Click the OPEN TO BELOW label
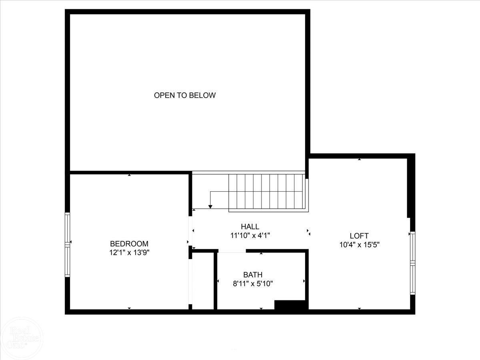185,95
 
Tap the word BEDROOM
129,244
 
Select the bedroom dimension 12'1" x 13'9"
129,253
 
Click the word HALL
250,226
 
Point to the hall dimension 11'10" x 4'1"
250,236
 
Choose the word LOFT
359,236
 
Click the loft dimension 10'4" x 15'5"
359,245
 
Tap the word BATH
253,274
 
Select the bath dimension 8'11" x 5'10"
253,284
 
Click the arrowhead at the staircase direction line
210,207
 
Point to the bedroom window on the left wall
67,244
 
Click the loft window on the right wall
412,263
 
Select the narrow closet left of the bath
203,281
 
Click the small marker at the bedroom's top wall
129,175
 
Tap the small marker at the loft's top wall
359,159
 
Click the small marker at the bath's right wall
304,281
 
